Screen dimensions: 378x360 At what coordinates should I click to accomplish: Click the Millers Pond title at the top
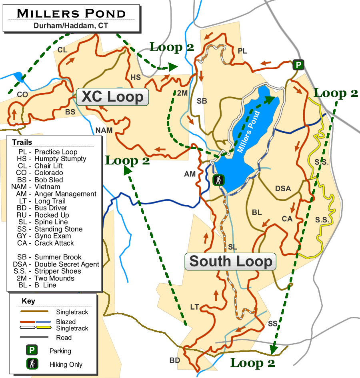tap(71, 13)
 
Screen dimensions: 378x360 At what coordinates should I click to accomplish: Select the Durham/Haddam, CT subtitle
tap(71, 25)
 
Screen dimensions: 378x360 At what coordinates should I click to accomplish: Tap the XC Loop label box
tap(112, 97)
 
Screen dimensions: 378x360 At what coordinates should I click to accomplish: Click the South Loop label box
tap(230, 262)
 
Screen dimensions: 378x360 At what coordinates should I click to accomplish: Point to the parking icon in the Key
tap(32, 351)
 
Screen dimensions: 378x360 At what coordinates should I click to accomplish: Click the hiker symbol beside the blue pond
tap(218, 180)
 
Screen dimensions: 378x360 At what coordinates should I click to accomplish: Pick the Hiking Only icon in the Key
tap(32, 364)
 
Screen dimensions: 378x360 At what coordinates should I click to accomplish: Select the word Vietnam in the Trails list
tap(47, 187)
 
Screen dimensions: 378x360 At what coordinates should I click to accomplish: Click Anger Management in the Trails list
tap(65, 194)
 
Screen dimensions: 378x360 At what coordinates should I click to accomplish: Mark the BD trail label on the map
tap(175, 360)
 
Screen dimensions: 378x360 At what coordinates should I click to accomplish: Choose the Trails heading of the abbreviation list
tap(22, 142)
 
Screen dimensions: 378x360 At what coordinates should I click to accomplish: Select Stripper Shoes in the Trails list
tap(58, 271)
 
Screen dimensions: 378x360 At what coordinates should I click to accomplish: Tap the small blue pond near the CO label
tap(18, 76)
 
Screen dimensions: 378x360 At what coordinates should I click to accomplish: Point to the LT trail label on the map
tap(194, 307)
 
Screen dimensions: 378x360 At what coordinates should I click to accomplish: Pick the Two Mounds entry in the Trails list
tap(54, 278)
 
